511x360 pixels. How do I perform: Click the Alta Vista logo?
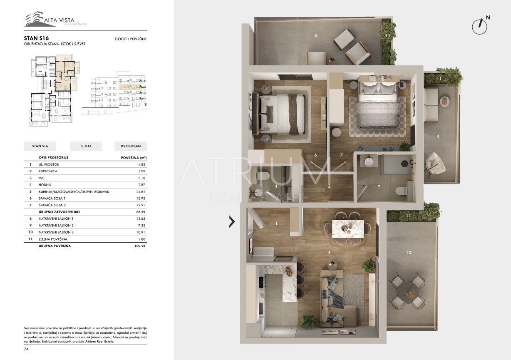pos(55,19)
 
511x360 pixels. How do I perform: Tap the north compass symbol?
pos(481,25)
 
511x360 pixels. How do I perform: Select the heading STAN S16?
pos(36,38)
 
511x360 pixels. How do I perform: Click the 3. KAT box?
pos(86,146)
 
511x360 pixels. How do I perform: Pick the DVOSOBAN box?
pos(131,146)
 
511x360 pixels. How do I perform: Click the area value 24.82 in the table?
pos(141,192)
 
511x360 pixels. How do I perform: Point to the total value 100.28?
pos(140,246)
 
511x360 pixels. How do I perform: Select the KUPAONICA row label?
pos(48,171)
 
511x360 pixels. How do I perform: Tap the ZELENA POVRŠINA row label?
pos(53,239)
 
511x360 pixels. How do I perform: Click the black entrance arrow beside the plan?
pos(232,221)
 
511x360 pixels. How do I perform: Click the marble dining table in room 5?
pos(348,228)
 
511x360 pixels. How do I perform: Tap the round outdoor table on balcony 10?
pos(408,293)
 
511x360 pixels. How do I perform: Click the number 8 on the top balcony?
pos(315,35)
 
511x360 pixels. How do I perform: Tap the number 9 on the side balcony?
pos(438,137)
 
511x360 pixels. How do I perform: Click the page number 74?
pos(26,349)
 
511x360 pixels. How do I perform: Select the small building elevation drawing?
pos(114,93)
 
